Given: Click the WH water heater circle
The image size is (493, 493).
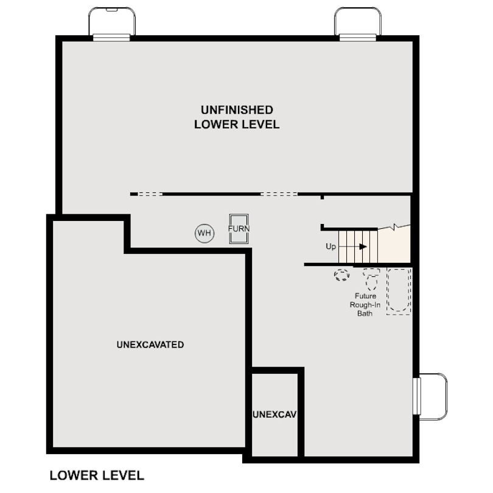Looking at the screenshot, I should (205, 233).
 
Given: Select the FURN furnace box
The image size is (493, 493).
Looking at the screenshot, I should (239, 229).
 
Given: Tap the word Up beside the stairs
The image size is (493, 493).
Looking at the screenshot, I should (330, 246).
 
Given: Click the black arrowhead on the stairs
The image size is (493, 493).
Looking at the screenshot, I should (363, 246).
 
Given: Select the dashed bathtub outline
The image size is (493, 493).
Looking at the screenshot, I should (399, 290).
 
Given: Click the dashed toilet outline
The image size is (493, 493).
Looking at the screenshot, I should (371, 281).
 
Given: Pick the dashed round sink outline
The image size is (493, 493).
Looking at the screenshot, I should (342, 276).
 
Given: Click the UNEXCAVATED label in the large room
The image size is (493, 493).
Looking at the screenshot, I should (150, 344).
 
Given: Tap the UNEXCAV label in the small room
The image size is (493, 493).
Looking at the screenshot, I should (274, 415).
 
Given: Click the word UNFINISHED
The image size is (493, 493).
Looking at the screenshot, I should (237, 110).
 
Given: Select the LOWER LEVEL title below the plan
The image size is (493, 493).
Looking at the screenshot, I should (96, 475).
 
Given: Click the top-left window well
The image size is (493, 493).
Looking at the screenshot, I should (112, 23).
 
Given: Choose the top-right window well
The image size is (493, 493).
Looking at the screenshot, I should (358, 23).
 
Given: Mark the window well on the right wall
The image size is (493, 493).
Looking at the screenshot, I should (432, 396).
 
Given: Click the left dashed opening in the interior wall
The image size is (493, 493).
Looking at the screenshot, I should (150, 194).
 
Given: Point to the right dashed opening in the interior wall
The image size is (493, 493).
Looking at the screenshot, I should (279, 194).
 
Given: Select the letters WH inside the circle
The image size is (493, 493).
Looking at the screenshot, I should (205, 233).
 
